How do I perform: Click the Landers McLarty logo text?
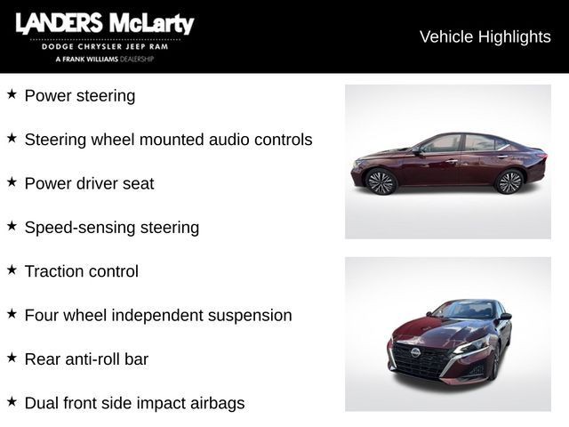tap(104, 24)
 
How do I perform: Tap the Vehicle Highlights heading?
tap(485, 36)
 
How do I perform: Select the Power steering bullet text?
tap(80, 96)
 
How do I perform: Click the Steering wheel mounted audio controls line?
tap(168, 140)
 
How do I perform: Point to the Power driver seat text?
tap(89, 184)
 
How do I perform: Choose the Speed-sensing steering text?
tap(111, 228)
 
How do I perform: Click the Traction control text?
tap(81, 271)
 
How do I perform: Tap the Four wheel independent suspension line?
tap(157, 316)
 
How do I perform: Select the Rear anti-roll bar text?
tap(86, 359)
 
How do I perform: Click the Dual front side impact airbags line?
tap(134, 403)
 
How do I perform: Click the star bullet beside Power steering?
tap(12, 93)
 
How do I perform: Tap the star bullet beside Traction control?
tap(12, 269)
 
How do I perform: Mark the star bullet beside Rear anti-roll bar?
tap(12, 357)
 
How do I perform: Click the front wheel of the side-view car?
tap(381, 181)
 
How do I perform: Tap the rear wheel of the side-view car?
tap(509, 181)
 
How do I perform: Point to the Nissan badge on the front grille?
tap(414, 353)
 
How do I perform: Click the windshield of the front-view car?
tap(463, 310)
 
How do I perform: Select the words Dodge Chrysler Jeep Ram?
tap(104, 46)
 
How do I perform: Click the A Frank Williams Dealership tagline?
tap(104, 59)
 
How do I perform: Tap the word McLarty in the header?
tap(152, 24)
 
